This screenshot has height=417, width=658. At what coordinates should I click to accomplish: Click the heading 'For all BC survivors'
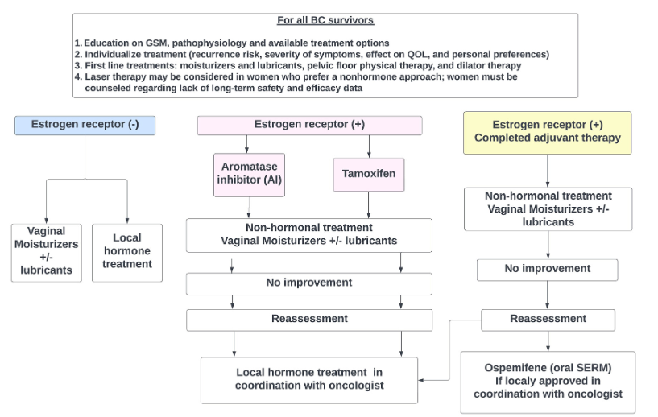point(325,21)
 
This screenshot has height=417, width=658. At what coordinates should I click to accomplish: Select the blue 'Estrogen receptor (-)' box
point(85,125)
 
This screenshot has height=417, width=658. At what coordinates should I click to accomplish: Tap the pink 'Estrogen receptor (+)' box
point(310,125)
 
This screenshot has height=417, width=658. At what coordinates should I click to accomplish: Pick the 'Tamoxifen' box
point(369,174)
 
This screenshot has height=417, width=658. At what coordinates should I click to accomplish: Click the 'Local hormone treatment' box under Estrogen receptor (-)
point(127,251)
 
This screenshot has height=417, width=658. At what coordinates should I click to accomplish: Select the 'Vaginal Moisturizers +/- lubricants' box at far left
point(46,251)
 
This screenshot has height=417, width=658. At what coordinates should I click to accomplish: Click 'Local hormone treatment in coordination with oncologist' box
point(309,379)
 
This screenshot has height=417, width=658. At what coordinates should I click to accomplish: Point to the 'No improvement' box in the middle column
point(309,283)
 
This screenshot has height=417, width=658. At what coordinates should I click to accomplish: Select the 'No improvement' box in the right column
point(548,269)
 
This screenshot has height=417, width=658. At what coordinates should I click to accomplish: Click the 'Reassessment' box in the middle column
point(309,320)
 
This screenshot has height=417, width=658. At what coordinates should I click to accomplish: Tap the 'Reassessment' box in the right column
point(548,319)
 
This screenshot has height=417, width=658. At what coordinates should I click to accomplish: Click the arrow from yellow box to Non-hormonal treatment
point(548,169)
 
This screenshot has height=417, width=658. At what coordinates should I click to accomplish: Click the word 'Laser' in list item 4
point(97,76)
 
